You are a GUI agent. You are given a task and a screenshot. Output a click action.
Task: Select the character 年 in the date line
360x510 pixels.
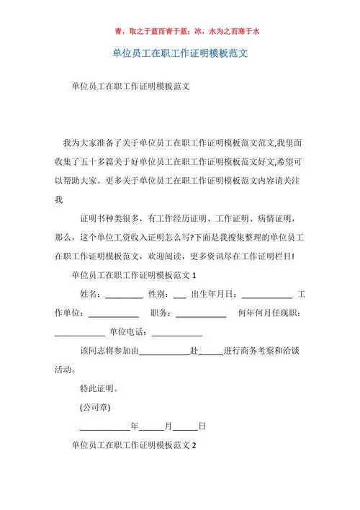[x=135, y=426]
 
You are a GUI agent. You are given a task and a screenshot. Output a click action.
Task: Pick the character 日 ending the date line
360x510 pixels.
[x=202, y=426]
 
